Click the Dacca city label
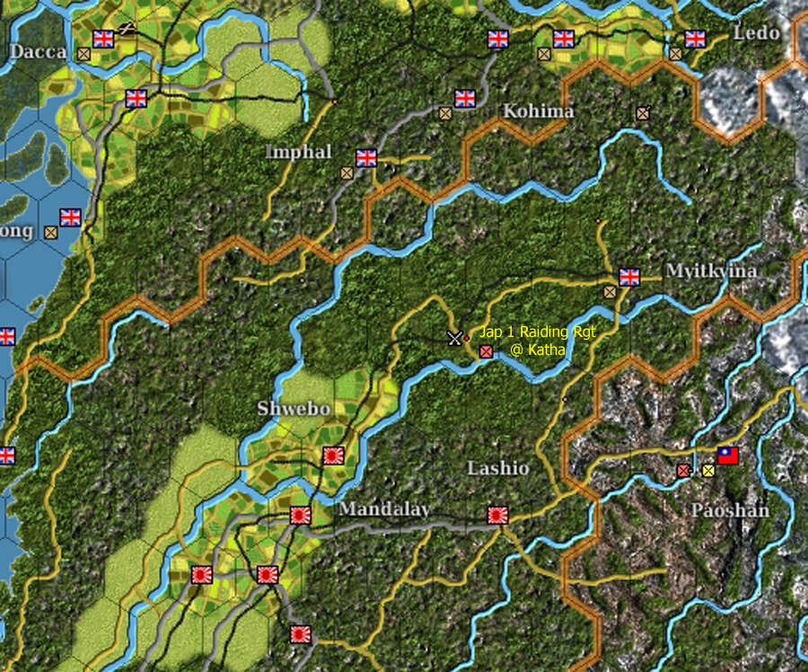(38, 51)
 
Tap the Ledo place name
(756, 33)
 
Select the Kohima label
(539, 111)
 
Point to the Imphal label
(298, 152)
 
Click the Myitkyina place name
(711, 270)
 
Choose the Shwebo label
(294, 409)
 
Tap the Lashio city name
(498, 469)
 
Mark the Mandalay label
(384, 509)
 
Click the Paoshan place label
(729, 510)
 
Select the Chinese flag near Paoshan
(727, 455)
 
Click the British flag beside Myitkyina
(629, 277)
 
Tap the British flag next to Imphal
(366, 158)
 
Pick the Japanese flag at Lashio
(498, 515)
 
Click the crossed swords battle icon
(455, 338)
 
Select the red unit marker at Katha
(486, 351)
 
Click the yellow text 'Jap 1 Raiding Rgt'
(537, 332)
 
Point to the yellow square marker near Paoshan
(708, 470)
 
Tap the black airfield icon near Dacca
(127, 29)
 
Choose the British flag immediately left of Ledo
(695, 39)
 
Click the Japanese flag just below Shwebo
(333, 455)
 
